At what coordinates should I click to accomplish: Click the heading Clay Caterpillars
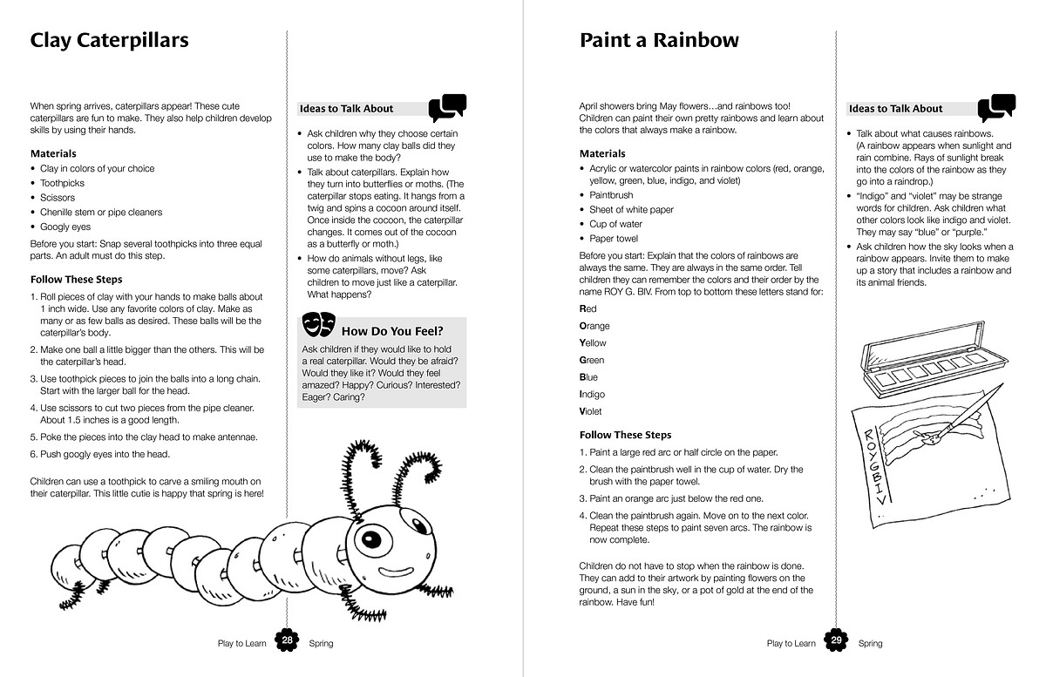109,40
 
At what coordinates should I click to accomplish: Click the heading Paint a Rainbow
659,40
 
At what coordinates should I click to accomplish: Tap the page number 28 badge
288,641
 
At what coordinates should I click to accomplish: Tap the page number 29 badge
837,641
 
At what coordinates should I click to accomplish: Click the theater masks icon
318,326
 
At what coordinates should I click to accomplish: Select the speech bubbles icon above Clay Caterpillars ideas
448,107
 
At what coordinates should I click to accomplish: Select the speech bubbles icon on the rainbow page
996,107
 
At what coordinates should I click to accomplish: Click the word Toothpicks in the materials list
63,183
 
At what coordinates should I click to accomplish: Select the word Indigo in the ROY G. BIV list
593,394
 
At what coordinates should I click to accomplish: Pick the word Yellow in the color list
594,342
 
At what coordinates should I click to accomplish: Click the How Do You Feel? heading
392,331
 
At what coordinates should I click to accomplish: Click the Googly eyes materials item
65,227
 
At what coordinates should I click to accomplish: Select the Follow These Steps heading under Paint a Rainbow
625,435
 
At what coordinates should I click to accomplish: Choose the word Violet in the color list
591,411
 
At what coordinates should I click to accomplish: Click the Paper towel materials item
614,238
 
